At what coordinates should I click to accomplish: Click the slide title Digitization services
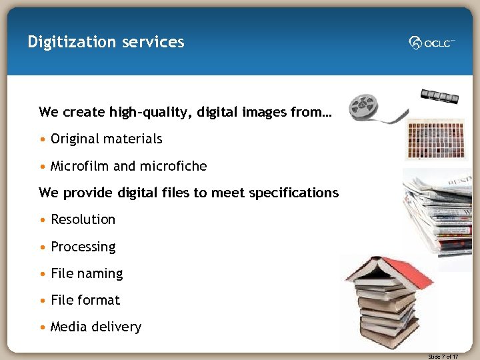pyautogui.click(x=106, y=42)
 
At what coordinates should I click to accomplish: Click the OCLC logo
pyautogui.click(x=432, y=43)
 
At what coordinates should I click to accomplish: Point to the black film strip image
pyautogui.click(x=439, y=97)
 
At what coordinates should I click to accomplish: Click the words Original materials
pyautogui.click(x=107, y=139)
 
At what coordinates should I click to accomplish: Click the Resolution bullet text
pyautogui.click(x=83, y=219)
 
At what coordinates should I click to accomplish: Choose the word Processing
pyautogui.click(x=83, y=247)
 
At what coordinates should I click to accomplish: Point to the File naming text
pyautogui.click(x=87, y=273)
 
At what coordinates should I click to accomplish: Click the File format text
pyautogui.click(x=85, y=300)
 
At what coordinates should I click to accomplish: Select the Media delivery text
pyautogui.click(x=96, y=327)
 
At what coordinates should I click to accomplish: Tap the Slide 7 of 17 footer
pyautogui.click(x=443, y=357)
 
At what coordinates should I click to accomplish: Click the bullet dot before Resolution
pyautogui.click(x=43, y=220)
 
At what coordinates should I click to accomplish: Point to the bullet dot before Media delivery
pyautogui.click(x=43, y=327)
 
